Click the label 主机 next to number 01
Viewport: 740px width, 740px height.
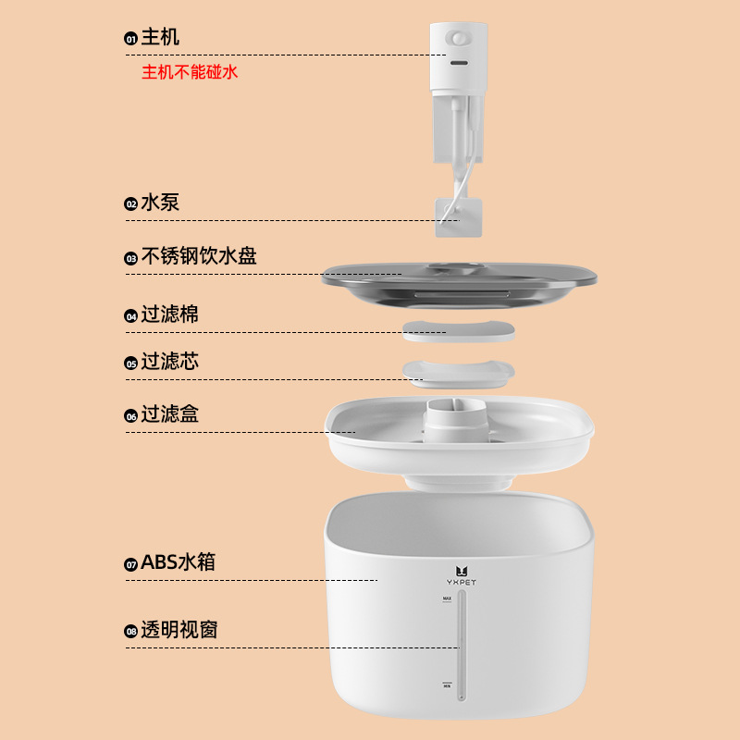pyautogui.click(x=160, y=37)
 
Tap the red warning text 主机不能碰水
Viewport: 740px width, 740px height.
pyautogui.click(x=190, y=72)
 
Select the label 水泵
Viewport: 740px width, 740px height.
pyautogui.click(x=160, y=203)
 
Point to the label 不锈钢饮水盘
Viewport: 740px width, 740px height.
pyautogui.click(x=199, y=256)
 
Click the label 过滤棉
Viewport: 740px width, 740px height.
pyautogui.click(x=170, y=314)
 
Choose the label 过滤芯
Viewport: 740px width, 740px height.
pyautogui.click(x=170, y=362)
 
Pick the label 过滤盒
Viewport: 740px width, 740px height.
pyautogui.click(x=170, y=414)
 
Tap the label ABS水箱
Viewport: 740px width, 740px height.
pyautogui.click(x=178, y=562)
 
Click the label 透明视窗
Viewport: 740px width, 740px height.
pyautogui.click(x=179, y=630)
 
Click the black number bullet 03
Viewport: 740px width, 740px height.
pyautogui.click(x=130, y=258)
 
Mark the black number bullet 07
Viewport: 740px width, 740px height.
pyautogui.click(x=130, y=564)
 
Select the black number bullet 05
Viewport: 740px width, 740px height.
pyautogui.click(x=130, y=364)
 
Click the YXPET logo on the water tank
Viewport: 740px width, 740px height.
pyautogui.click(x=461, y=576)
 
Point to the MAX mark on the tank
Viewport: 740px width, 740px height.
pyautogui.click(x=447, y=598)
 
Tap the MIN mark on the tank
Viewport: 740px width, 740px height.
pyautogui.click(x=447, y=684)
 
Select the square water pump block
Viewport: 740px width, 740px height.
pyautogui.click(x=458, y=217)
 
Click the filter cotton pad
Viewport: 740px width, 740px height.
pyautogui.click(x=458, y=331)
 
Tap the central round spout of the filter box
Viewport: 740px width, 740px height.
pyautogui.click(x=456, y=420)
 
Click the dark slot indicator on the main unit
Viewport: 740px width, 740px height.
pyautogui.click(x=459, y=63)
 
